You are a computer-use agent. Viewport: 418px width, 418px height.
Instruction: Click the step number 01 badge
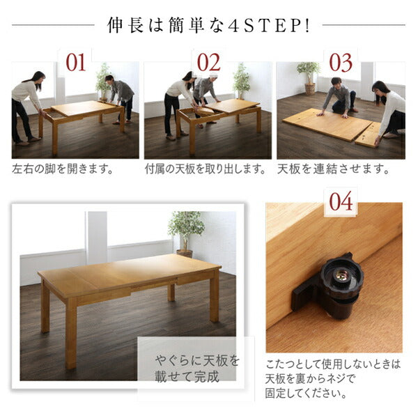(x=75, y=62)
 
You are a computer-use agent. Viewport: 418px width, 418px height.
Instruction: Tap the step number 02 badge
(x=208, y=62)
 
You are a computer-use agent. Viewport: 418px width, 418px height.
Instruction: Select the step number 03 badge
(x=341, y=62)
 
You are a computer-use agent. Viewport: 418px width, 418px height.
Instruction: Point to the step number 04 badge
(x=341, y=202)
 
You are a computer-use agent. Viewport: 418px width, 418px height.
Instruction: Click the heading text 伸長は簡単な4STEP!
(x=208, y=25)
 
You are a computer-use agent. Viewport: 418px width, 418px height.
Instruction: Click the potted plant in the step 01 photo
(x=103, y=78)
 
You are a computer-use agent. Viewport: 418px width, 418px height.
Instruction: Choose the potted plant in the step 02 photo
(x=241, y=79)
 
